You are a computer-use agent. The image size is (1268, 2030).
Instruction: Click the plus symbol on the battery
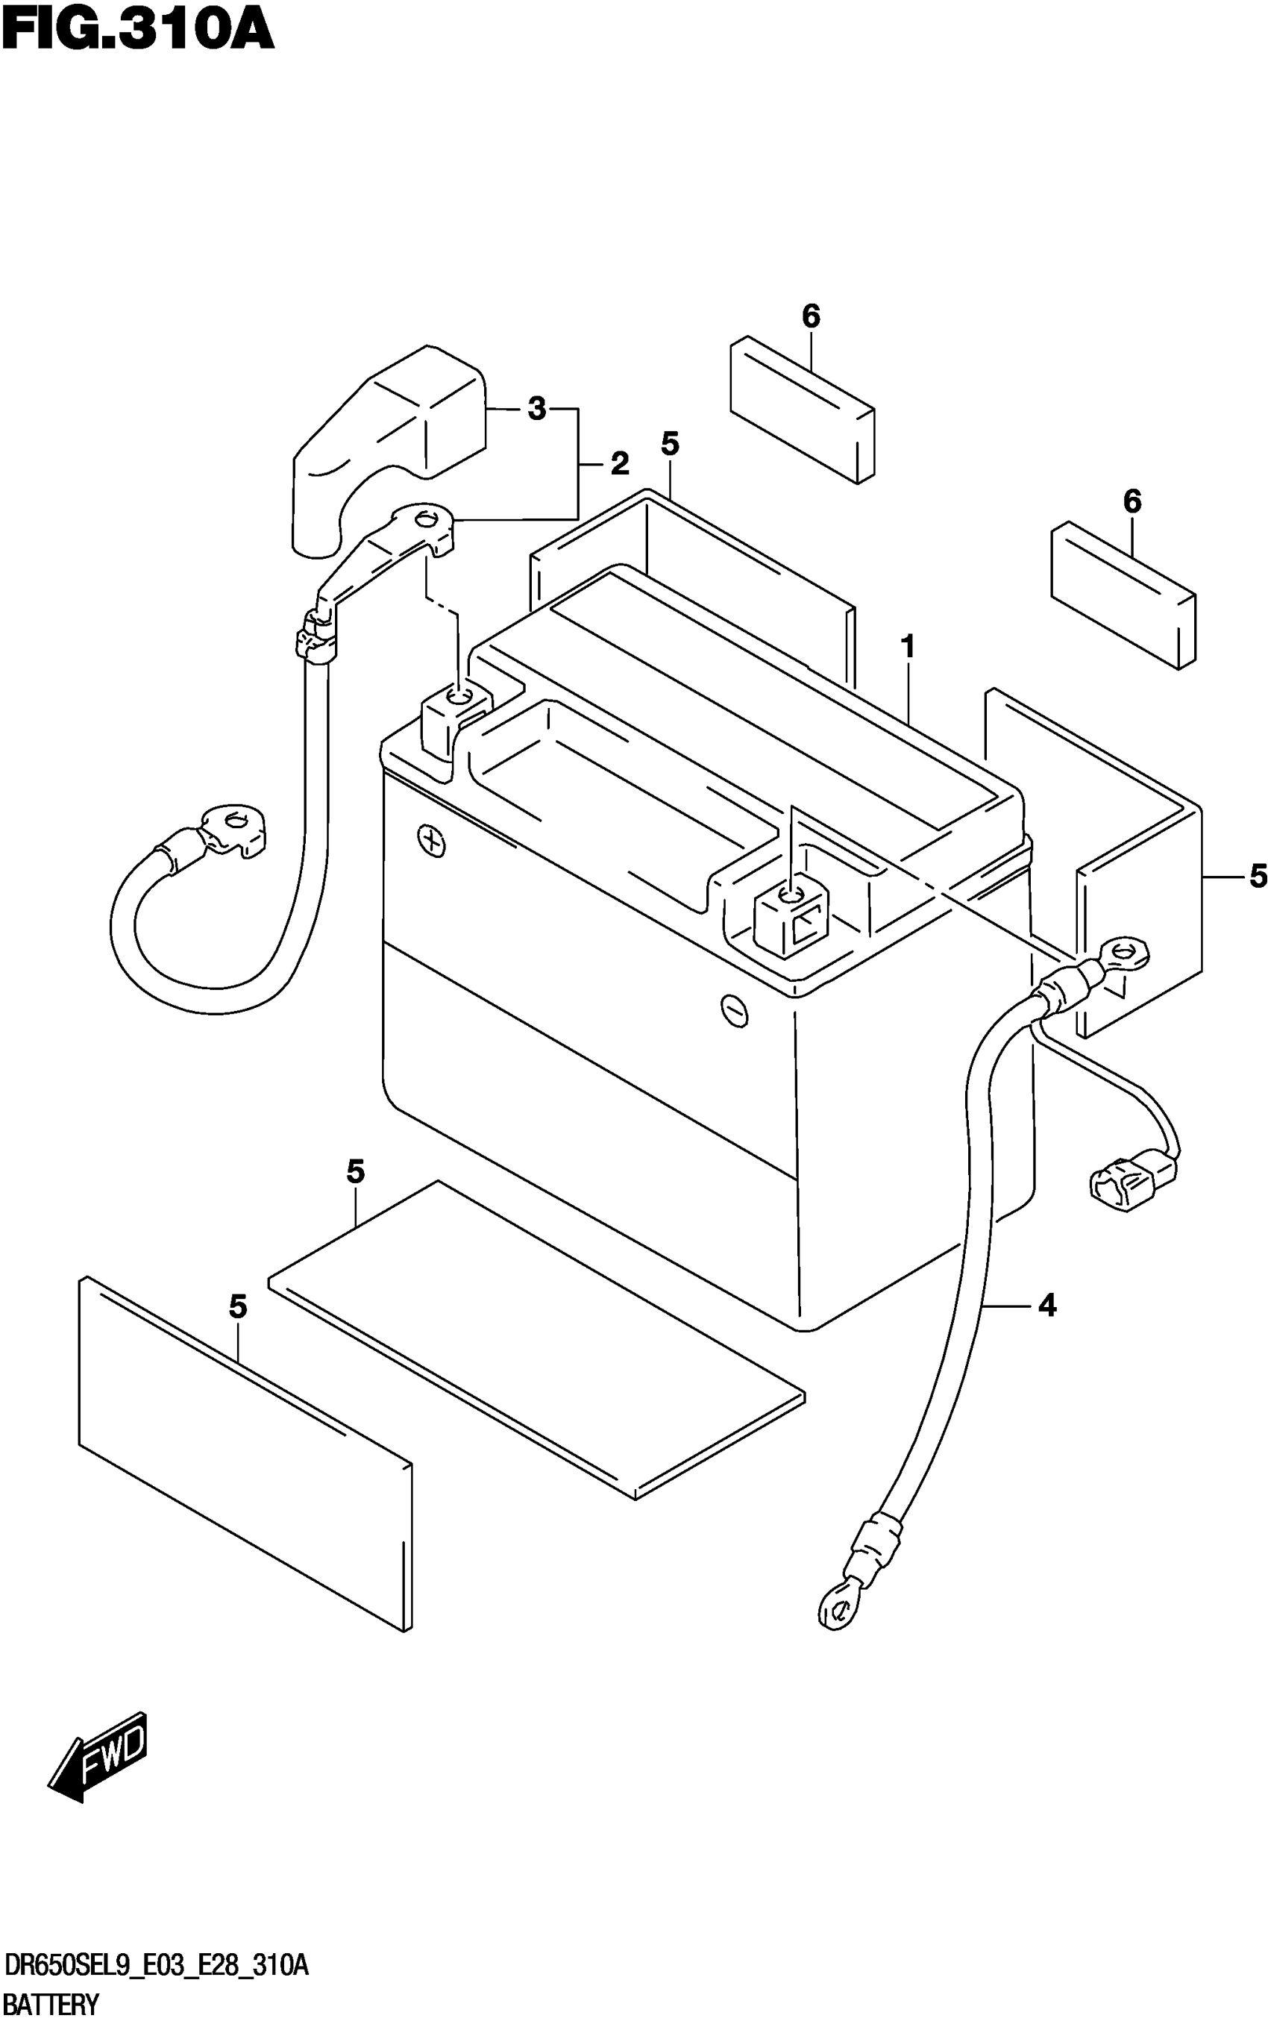click(431, 841)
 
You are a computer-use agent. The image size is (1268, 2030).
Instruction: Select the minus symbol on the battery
click(735, 1010)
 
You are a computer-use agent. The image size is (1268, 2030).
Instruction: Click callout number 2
click(619, 463)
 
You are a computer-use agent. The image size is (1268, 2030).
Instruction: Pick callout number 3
click(537, 409)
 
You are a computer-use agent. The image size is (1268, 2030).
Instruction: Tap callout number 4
click(1046, 1306)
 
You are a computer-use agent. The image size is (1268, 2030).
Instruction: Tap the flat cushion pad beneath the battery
click(537, 1341)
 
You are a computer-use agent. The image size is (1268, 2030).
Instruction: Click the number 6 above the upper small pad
click(810, 316)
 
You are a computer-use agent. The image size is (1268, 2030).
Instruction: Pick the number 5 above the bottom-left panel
click(238, 1306)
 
